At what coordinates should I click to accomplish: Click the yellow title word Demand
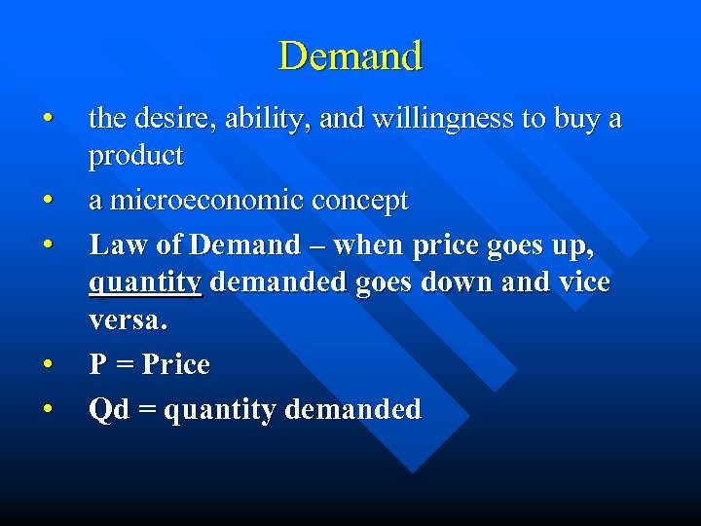pos(350,56)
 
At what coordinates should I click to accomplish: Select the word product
pos(136,156)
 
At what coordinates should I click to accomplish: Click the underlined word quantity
pos(145,283)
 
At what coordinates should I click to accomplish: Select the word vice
pos(584,282)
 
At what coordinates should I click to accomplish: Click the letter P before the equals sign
pos(98,365)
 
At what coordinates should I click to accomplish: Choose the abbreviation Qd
pos(108,409)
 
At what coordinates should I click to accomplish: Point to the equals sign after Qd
pos(146,410)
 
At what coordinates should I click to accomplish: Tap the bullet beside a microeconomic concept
pos(47,202)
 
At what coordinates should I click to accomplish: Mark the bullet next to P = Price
pos(47,366)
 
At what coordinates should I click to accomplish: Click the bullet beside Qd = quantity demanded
pos(47,410)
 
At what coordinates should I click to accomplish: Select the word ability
pos(260,120)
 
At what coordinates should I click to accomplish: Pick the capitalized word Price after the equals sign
pos(176,365)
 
